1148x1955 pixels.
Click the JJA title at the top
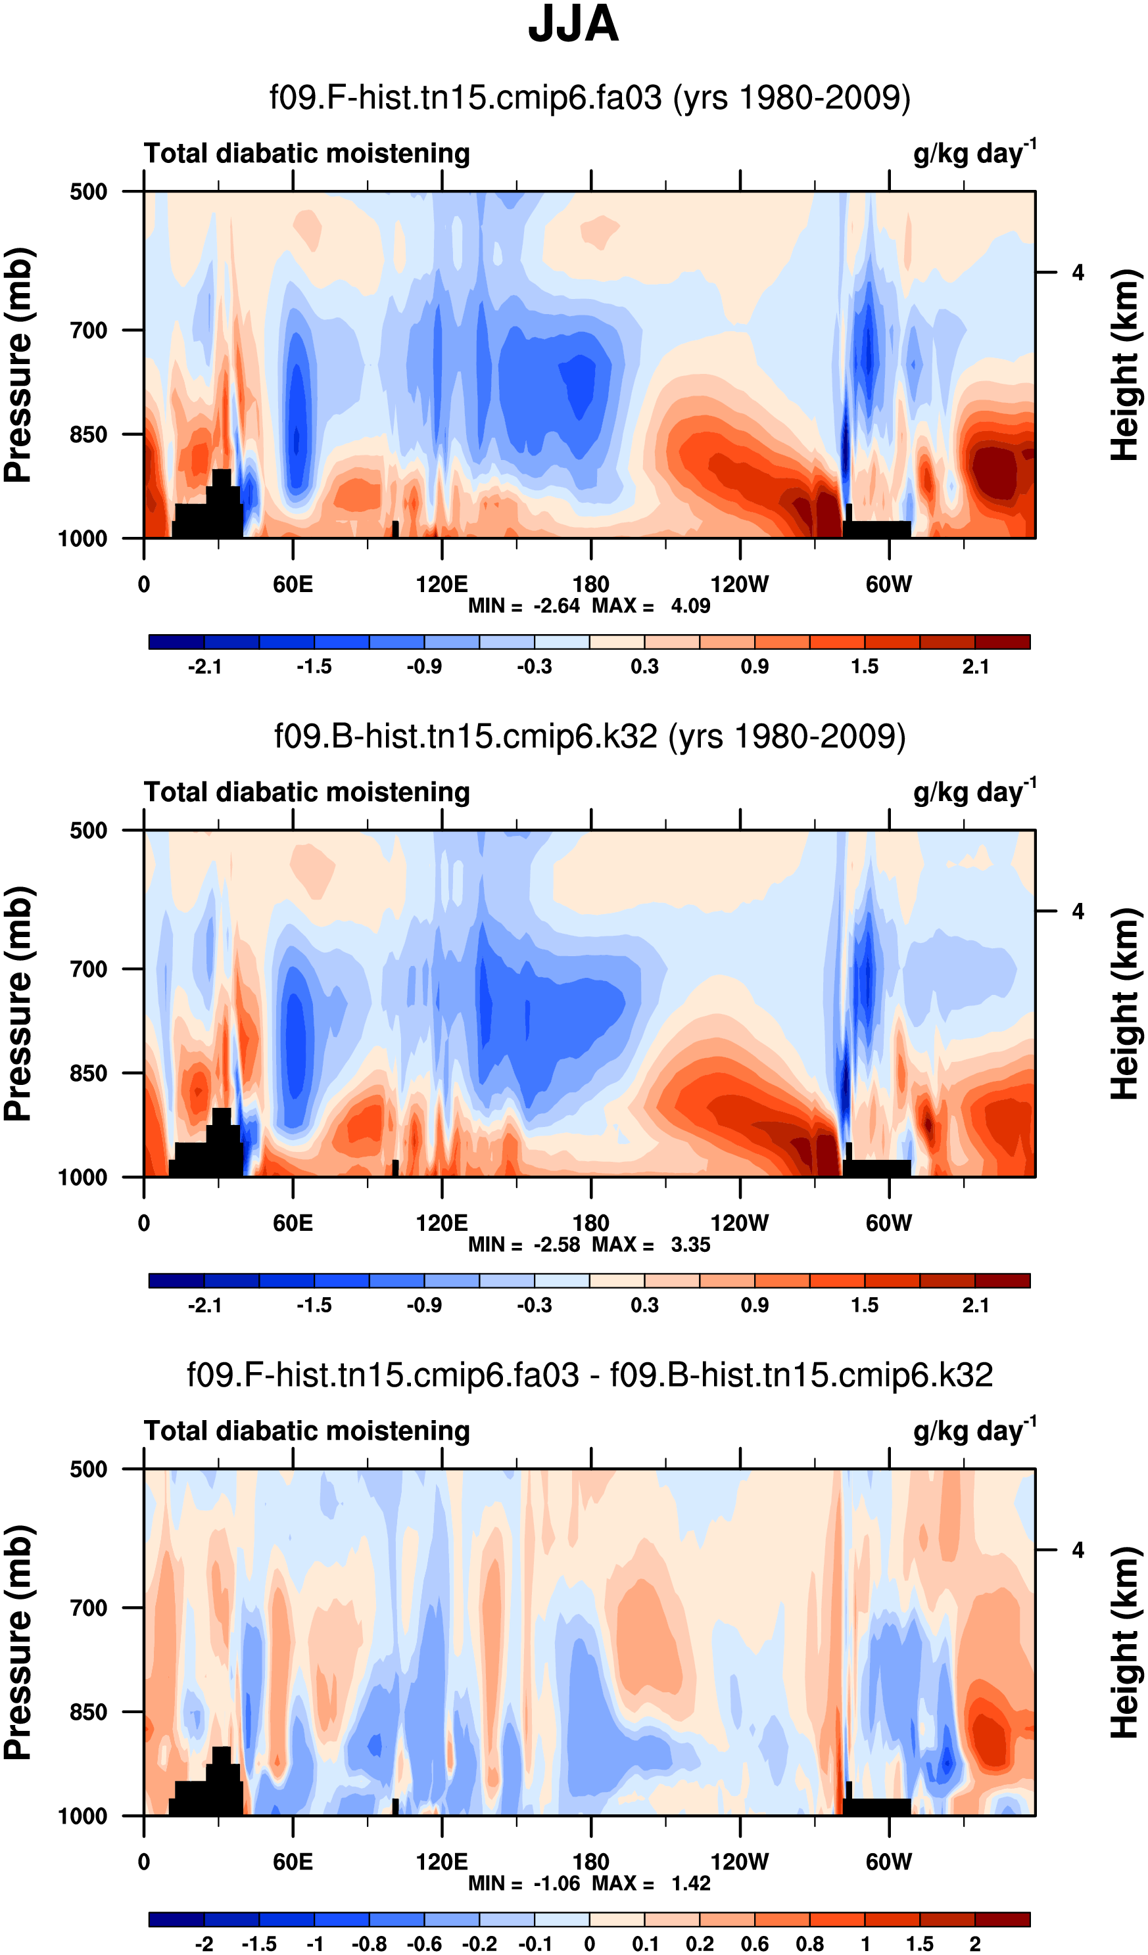tap(573, 25)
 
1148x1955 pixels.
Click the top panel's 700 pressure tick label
tap(89, 331)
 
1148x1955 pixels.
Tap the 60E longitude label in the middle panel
tap(293, 1224)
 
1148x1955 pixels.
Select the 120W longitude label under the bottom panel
tap(739, 1862)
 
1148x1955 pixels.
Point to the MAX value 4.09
tap(690, 606)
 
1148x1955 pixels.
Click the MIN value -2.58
tap(556, 1245)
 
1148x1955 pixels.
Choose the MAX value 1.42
tap(690, 1883)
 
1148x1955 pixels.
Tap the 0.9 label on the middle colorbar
tap(754, 1306)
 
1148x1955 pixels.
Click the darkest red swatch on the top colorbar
tap(1002, 641)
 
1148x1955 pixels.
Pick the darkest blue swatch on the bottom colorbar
tap(176, 1920)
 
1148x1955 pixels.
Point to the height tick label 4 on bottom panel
tap(1078, 1550)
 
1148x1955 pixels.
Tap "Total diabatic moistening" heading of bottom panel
tap(306, 1431)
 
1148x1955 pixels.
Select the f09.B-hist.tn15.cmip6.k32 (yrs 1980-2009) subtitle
tap(589, 735)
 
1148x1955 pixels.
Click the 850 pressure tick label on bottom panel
tap(89, 1712)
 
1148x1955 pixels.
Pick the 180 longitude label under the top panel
tap(590, 584)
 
